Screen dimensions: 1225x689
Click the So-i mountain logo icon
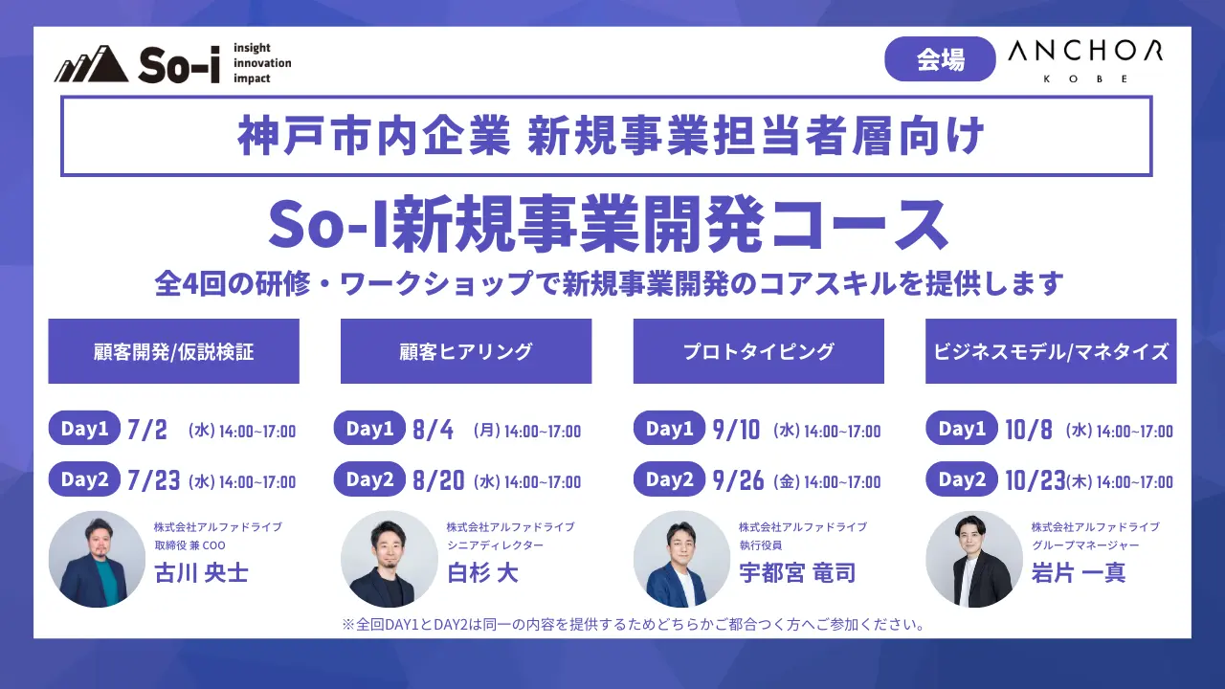tap(91, 64)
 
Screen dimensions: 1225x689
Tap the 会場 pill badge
tap(940, 59)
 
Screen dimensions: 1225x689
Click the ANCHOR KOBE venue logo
tap(1085, 60)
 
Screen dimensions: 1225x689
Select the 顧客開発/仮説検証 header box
tap(174, 351)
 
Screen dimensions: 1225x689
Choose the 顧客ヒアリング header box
tap(466, 351)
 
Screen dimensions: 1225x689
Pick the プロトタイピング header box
tap(759, 351)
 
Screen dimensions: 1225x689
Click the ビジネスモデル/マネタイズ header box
tap(1051, 351)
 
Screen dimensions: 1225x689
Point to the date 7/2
tap(147, 431)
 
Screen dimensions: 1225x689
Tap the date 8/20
tap(438, 481)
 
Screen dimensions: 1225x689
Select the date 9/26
tap(738, 481)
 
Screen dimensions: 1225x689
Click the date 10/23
tap(1036, 481)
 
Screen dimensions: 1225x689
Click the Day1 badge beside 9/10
tap(669, 428)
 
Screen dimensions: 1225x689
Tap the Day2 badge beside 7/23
tap(84, 479)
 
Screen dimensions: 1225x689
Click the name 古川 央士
tap(201, 573)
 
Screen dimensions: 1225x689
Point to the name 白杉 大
tap(482, 573)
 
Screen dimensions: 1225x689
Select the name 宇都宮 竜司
tap(797, 573)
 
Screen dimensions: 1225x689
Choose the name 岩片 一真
tap(1079, 573)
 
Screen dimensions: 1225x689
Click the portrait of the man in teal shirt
tap(97, 560)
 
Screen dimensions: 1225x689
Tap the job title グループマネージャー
tap(1085, 545)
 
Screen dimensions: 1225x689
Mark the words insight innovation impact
tap(262, 63)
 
